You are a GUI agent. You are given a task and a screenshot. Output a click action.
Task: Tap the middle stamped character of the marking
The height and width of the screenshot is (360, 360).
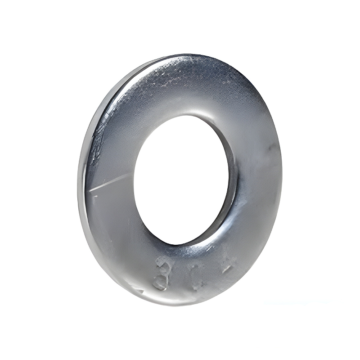pyautogui.click(x=198, y=275)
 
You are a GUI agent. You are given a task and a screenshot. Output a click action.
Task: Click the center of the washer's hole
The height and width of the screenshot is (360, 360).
pyautogui.click(x=182, y=180)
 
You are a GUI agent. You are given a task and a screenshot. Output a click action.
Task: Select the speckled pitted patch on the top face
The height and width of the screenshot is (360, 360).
pyautogui.click(x=189, y=76)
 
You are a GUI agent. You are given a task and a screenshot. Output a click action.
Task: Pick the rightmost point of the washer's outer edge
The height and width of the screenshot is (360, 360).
pyautogui.click(x=282, y=171)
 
